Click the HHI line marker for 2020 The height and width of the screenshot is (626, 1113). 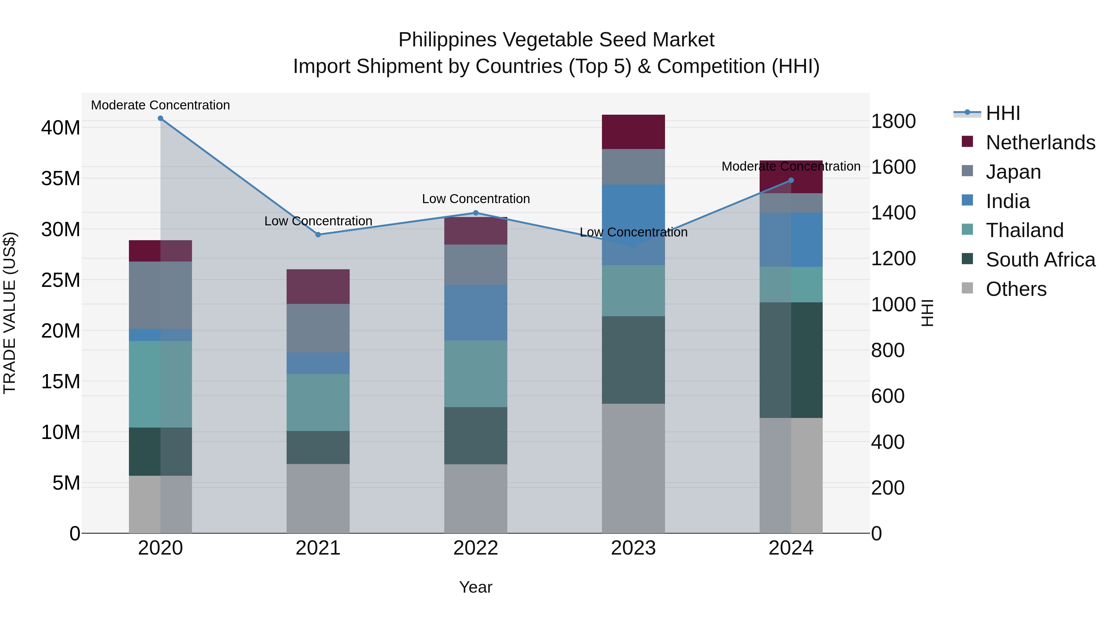160,118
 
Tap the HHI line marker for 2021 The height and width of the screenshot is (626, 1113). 318,235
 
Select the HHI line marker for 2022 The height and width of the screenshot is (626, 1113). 476,213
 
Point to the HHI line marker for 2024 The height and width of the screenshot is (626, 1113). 791,181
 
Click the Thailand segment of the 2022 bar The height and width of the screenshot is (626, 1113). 476,374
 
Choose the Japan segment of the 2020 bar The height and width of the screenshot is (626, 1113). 160,295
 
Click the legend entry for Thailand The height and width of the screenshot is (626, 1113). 1024,230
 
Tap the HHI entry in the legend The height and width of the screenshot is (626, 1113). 1002,113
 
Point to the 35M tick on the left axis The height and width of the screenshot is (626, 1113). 61,178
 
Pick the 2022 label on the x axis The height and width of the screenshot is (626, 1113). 476,548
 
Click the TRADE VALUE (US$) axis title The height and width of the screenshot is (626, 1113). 10,313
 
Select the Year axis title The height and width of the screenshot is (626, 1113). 476,587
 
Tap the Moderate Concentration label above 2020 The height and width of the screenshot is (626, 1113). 160,105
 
